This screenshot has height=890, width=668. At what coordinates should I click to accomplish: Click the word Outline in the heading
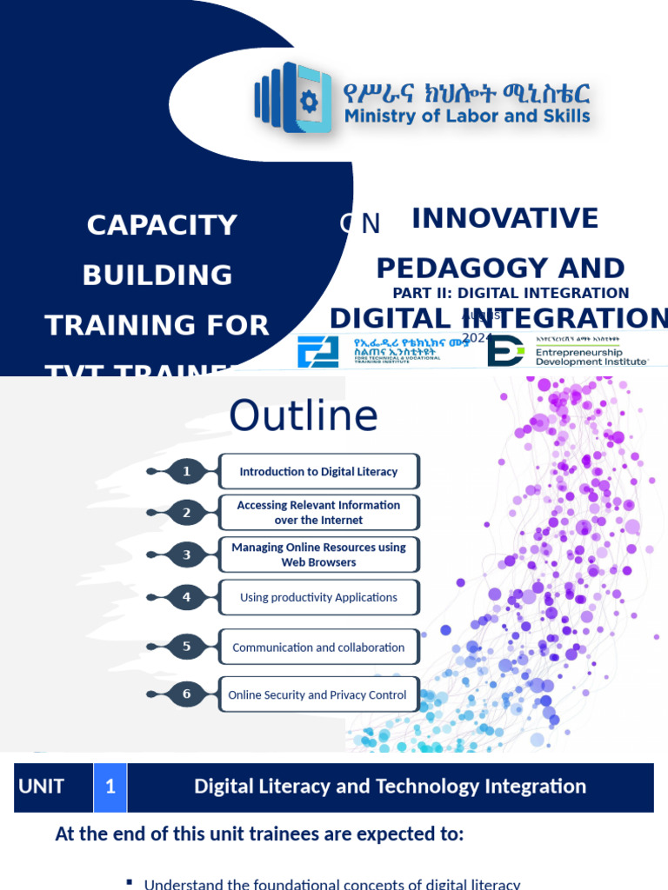coord(304,416)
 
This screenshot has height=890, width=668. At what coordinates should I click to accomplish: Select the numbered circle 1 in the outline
coord(186,471)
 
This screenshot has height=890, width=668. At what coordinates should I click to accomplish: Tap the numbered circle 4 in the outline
coord(186,597)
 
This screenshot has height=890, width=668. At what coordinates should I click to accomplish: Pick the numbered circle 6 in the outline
coord(186,694)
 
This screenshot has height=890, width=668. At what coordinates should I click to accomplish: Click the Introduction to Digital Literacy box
coord(318,471)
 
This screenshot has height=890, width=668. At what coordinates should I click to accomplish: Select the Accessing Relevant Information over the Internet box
coord(318,512)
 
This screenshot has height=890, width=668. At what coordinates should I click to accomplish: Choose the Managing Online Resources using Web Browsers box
coord(318,555)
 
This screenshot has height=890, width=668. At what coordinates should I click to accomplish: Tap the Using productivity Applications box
coord(318,597)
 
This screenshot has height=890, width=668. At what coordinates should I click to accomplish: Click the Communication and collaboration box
coord(318,648)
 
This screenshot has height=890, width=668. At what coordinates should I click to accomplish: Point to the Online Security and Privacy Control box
coord(318,694)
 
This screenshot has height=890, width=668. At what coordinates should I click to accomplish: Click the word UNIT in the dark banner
coord(41,787)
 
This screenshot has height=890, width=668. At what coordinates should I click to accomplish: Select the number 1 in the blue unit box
coord(110,787)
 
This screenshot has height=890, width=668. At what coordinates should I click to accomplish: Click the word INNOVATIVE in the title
coord(504,218)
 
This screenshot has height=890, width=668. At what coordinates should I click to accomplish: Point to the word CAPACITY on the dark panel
coord(162,225)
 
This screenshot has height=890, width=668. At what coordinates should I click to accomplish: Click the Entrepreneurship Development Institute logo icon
coord(504,350)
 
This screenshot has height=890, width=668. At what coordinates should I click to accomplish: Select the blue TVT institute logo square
coord(317,351)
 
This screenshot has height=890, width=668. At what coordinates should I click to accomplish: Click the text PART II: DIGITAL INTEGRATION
coord(511,293)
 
